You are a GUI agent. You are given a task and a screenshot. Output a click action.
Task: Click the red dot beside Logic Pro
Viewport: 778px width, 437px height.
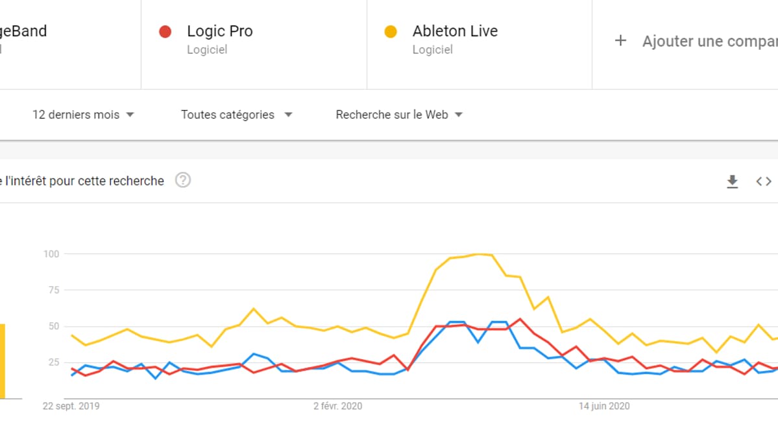pos(165,31)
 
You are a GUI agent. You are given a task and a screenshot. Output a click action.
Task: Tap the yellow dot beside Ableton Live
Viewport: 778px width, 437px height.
pos(391,31)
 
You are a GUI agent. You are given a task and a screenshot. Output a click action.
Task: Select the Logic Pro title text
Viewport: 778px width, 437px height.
pos(219,31)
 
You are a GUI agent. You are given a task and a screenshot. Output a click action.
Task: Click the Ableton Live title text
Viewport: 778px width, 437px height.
pos(455,31)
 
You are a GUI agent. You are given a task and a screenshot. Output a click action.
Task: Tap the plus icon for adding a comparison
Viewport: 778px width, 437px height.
pos(620,41)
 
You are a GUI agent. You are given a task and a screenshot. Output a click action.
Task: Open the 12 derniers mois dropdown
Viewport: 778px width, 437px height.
pos(83,115)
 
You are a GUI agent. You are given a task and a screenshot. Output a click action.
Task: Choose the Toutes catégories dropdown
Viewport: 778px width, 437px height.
pos(236,115)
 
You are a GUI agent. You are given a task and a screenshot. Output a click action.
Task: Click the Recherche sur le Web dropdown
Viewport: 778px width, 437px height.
pos(399,115)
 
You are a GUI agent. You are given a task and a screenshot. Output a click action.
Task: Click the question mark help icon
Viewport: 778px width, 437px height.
pos(183,180)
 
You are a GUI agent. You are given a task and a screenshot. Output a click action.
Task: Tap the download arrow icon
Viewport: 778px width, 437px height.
pos(732,182)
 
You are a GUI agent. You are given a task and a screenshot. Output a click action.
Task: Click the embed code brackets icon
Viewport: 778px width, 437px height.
pos(764,182)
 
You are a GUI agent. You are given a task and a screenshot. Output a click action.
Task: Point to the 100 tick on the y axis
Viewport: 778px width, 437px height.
pos(51,254)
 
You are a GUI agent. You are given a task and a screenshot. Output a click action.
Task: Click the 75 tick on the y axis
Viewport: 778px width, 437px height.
pos(53,290)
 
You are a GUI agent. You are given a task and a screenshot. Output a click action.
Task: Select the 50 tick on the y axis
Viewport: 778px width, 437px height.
pos(53,326)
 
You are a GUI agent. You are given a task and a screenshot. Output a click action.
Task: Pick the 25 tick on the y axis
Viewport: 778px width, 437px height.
pos(53,362)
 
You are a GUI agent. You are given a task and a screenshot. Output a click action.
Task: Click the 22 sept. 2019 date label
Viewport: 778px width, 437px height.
pos(71,407)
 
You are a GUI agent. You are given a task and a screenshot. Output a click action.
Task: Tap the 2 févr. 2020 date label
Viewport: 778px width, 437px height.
pos(337,407)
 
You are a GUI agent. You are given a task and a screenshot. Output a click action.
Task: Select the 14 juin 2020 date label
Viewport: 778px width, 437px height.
pos(604,407)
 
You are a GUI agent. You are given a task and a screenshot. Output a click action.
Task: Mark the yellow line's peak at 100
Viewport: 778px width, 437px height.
pos(481,254)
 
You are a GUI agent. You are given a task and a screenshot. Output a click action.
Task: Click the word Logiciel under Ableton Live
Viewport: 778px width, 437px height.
pos(432,49)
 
